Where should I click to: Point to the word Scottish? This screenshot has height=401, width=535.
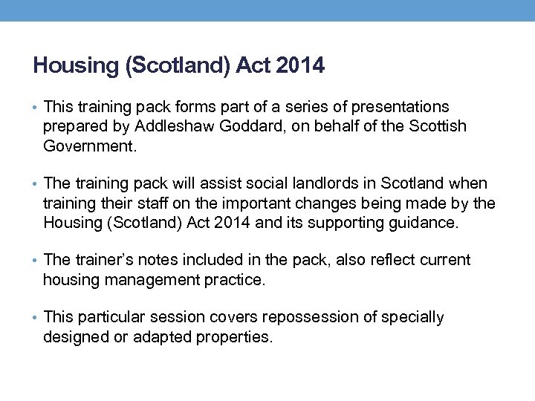click(x=438, y=127)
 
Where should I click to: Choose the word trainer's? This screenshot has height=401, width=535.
click(x=106, y=261)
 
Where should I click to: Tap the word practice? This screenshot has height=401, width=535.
click(x=237, y=280)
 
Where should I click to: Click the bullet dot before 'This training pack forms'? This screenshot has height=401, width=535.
click(x=36, y=108)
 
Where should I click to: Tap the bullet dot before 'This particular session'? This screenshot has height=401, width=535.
click(x=36, y=319)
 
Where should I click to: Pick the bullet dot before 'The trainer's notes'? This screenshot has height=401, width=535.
click(x=36, y=261)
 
